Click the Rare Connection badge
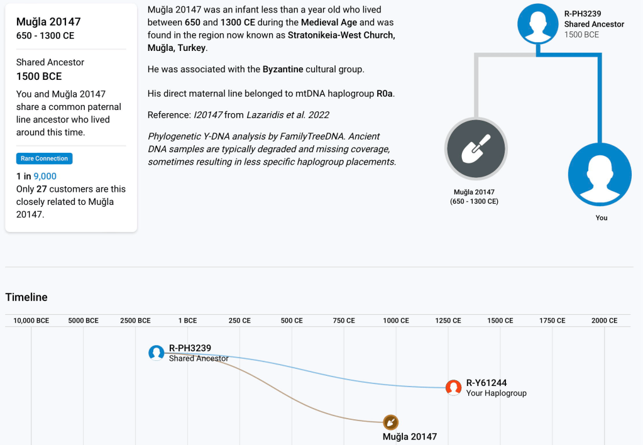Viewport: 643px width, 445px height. point(44,158)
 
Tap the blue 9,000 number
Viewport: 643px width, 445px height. point(45,177)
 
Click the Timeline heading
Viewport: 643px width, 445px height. point(26,297)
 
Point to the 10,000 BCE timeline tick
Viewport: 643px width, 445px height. point(31,321)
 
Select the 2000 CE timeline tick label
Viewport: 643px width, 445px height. point(604,321)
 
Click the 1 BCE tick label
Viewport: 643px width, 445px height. point(187,321)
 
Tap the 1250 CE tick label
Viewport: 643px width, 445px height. point(448,321)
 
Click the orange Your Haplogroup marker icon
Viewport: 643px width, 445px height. point(453,388)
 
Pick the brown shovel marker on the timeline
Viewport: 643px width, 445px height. point(391,422)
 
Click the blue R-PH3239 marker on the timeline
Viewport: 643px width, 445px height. point(157,353)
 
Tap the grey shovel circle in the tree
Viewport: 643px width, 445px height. point(476,149)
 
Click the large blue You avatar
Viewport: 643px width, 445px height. point(600,175)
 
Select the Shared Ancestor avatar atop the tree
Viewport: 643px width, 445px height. point(538,23)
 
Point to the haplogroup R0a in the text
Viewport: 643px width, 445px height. point(385,94)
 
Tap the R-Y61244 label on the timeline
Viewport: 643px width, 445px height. point(486,383)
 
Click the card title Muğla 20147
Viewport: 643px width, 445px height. point(48,22)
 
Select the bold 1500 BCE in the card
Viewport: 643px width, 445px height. point(39,76)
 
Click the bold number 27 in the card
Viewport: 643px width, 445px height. point(41,189)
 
